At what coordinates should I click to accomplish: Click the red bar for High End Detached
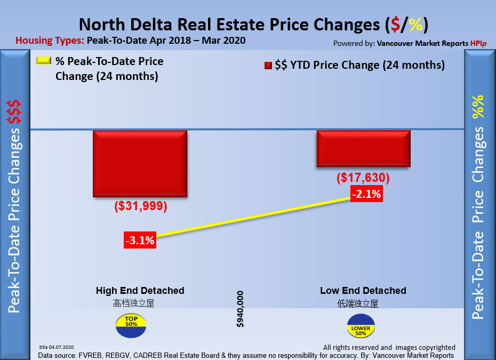click(x=140, y=163)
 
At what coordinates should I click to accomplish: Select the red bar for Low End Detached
click(x=363, y=149)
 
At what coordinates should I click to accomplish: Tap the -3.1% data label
click(x=139, y=241)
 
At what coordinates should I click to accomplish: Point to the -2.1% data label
click(x=366, y=194)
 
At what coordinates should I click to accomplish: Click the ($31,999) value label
click(x=141, y=207)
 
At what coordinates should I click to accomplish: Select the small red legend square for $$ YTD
click(x=268, y=66)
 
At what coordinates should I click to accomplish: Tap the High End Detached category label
click(x=140, y=291)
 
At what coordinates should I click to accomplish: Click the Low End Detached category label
click(x=363, y=291)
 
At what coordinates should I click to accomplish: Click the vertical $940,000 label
click(x=240, y=309)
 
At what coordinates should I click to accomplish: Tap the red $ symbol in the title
click(x=395, y=25)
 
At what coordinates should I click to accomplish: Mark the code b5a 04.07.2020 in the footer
click(x=57, y=347)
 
